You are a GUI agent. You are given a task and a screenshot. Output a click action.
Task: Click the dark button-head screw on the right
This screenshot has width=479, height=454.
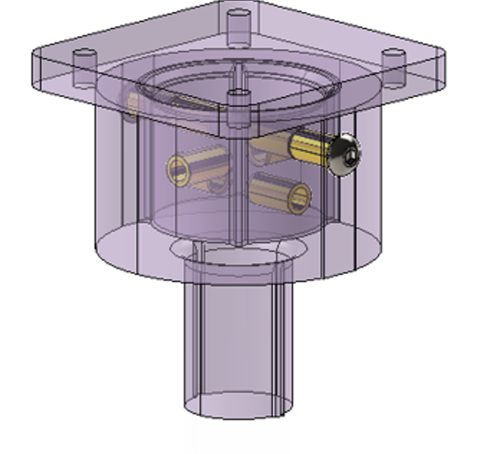tap(345, 156)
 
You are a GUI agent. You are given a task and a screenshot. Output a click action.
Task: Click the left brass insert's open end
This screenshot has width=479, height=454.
tap(176, 169)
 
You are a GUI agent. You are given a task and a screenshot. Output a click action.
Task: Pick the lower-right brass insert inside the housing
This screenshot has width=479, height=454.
tap(281, 191)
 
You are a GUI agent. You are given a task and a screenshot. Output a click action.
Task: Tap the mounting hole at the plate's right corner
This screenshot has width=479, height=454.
tap(393, 55)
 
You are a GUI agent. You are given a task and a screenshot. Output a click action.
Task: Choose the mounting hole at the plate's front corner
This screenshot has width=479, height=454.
tap(238, 98)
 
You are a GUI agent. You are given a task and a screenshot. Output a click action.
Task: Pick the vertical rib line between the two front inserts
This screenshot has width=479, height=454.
tap(238, 181)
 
